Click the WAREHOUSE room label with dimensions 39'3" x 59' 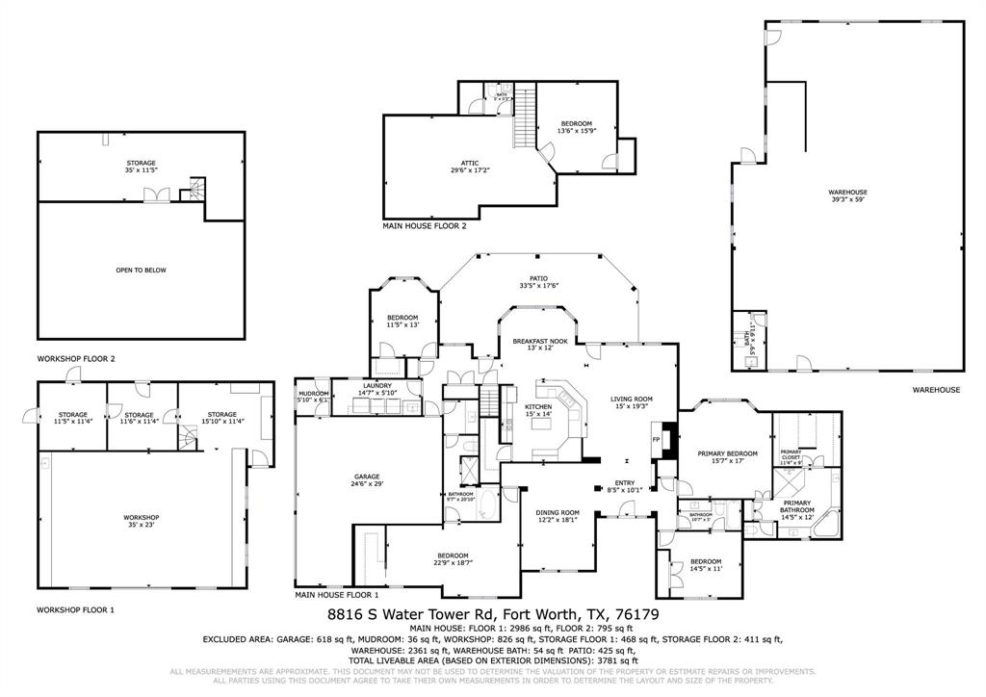pyautogui.click(x=848, y=195)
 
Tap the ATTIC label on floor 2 pyautogui.click(x=471, y=167)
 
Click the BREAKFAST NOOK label pyautogui.click(x=540, y=344)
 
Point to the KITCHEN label pyautogui.click(x=537, y=410)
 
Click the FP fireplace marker pyautogui.click(x=657, y=439)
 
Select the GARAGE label pyautogui.click(x=367, y=479)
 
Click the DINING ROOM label pyautogui.click(x=558, y=515)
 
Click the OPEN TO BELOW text pyautogui.click(x=141, y=271)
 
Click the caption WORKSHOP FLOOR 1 pyautogui.click(x=75, y=609)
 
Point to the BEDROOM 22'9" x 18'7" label pyautogui.click(x=453, y=558)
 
